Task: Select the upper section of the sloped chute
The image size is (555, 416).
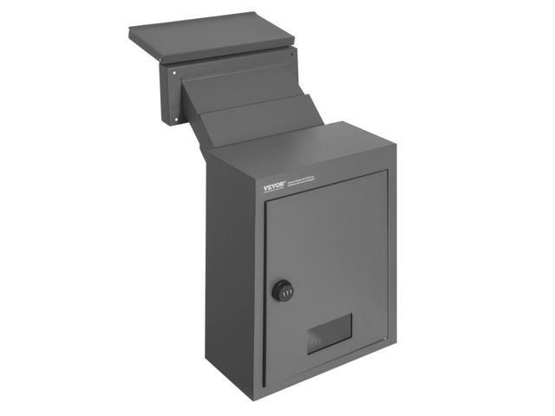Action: point(243,87)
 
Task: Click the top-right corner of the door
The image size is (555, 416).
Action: point(386,171)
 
